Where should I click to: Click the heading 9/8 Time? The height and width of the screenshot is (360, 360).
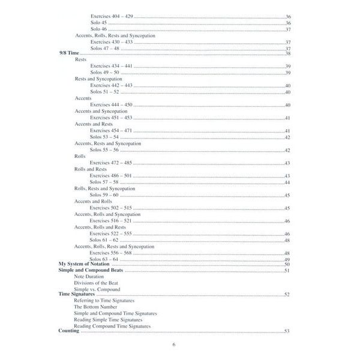coord(69,54)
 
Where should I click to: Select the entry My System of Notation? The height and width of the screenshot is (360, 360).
coord(83,264)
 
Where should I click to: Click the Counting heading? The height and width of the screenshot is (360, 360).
coord(69,331)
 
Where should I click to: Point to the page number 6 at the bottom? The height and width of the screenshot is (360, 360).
coord(173,344)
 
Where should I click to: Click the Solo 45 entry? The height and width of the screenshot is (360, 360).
coord(98,23)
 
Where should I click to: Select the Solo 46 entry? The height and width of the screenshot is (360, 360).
coord(98,29)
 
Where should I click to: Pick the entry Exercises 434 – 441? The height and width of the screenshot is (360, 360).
coord(111,66)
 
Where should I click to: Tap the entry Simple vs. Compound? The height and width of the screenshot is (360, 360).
coord(97,289)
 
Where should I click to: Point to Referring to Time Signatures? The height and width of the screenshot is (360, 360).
coord(104,301)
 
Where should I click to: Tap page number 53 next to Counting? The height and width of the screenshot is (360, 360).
coord(287,331)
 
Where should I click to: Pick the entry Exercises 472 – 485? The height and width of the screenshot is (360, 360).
coord(111,163)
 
